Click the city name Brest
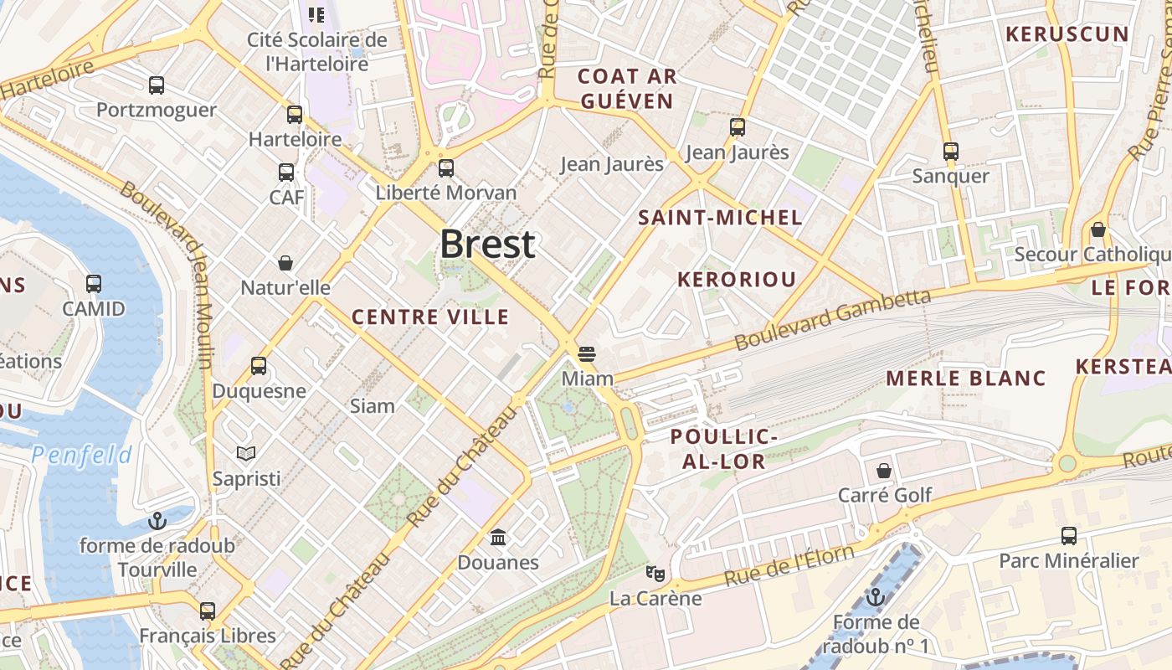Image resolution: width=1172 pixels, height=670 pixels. point(487,244)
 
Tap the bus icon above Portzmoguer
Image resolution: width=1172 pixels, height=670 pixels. point(157,85)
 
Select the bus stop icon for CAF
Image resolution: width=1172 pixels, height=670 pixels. point(286,173)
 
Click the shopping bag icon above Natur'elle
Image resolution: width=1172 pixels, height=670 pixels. point(285,263)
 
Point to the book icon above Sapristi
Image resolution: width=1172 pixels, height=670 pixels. point(245,454)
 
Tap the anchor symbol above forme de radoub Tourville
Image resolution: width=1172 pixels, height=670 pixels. point(157,521)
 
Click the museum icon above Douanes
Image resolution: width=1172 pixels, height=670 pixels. point(498,537)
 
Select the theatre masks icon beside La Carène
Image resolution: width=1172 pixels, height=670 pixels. point(655,574)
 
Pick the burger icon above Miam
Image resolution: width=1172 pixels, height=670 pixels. point(587,353)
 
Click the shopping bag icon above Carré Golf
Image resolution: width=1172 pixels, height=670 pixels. point(884,471)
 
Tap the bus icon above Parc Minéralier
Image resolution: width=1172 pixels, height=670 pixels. point(1069,536)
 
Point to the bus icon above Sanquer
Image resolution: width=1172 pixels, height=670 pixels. point(950,152)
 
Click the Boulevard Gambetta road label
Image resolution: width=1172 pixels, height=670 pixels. point(833,319)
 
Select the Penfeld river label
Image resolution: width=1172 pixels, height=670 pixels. point(82,455)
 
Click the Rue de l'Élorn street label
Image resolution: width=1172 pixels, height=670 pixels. point(789,565)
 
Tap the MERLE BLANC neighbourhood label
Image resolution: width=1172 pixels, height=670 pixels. point(966,378)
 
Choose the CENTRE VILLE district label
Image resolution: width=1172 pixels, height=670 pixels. point(430,317)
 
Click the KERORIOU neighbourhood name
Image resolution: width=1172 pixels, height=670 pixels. point(736,280)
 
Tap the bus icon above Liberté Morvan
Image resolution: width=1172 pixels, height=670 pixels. point(446,167)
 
